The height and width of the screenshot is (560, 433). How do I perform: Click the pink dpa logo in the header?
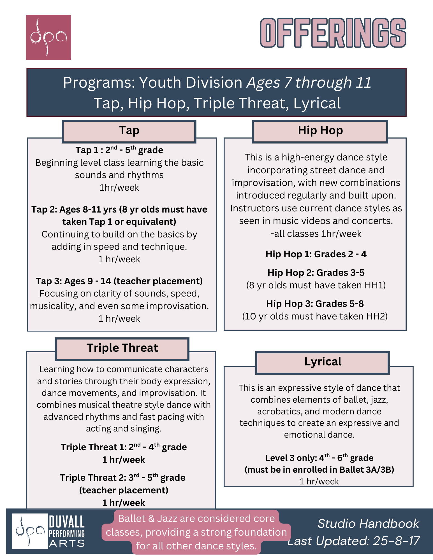click(x=48, y=38)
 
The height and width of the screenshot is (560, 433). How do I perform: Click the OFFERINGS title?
click(x=333, y=33)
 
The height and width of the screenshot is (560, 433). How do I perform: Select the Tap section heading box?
click(x=129, y=131)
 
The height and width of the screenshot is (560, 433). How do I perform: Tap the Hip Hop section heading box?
click(x=320, y=131)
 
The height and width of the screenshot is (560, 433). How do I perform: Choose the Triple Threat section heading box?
click(x=122, y=348)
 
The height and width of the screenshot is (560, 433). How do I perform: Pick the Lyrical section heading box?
click(x=323, y=362)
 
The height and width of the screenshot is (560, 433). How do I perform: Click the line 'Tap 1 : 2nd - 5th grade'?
click(x=119, y=150)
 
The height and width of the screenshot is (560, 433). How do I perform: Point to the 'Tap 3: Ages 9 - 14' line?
click(x=119, y=281)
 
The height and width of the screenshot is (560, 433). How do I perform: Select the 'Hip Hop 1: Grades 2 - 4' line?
click(x=316, y=254)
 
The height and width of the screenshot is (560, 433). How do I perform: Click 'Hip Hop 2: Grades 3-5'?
click(x=316, y=273)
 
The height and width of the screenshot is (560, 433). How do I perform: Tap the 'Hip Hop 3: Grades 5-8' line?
click(x=315, y=304)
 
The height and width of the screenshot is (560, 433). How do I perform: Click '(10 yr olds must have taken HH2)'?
click(x=315, y=316)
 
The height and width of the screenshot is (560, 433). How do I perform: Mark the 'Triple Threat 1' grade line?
click(x=124, y=447)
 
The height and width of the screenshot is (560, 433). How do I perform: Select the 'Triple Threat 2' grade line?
click(x=123, y=477)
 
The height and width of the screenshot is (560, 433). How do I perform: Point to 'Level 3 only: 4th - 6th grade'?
click(x=319, y=458)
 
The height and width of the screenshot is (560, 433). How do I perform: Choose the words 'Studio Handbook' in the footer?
click(x=368, y=524)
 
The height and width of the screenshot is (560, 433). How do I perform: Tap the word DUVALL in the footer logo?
click(x=67, y=522)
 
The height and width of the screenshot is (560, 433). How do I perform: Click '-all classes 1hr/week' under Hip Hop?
click(x=316, y=234)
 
